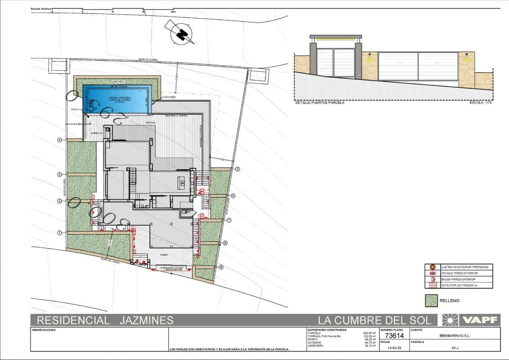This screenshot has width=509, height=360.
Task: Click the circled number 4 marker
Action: pos(60,140)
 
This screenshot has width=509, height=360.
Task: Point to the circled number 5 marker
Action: pos(238,169)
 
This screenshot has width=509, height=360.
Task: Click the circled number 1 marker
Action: pos(60,232)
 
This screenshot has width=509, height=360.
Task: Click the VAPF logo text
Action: pos(481,320)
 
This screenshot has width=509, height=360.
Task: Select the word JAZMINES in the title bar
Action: pos(144,320)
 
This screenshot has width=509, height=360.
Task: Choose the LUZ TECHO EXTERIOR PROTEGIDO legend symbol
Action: pos(432,267)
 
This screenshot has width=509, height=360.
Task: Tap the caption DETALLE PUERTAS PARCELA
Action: pos(319,103)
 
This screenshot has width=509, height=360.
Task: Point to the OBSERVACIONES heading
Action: pos(44,330)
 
